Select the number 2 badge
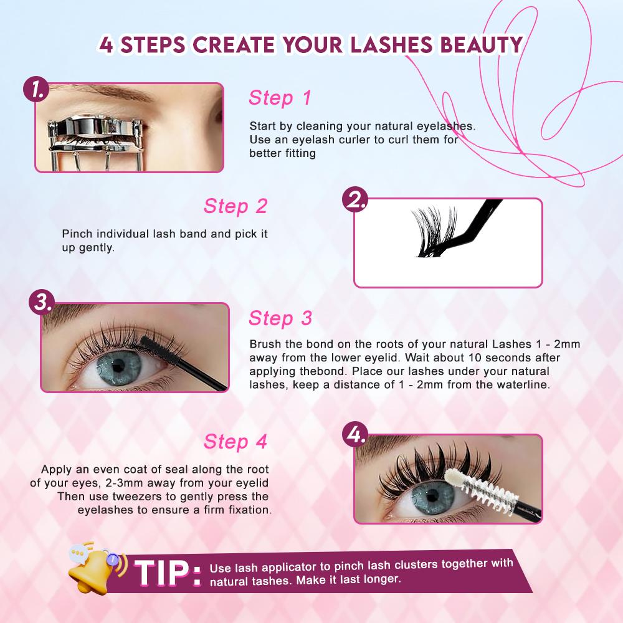point(355,201)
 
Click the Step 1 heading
point(279,98)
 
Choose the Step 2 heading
point(235,206)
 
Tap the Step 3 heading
point(280,318)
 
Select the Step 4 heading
point(235,442)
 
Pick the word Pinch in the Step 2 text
point(76,234)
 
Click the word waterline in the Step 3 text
point(523,385)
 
